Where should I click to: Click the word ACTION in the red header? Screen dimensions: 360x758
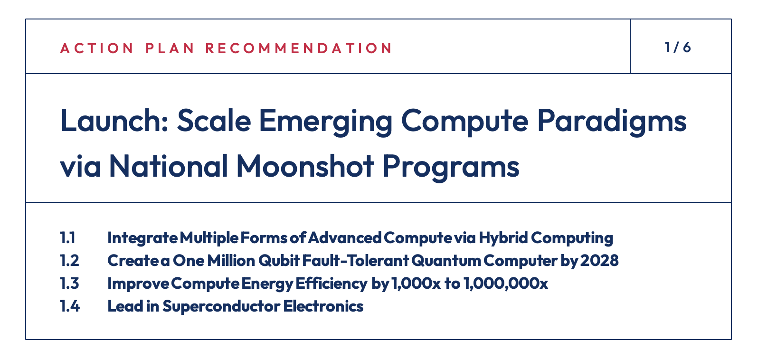97,48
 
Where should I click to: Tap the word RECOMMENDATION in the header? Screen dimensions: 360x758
299,48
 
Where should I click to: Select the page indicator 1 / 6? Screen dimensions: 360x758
678,47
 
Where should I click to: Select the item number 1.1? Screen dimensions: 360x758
68,237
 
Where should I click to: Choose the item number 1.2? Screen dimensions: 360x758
69,260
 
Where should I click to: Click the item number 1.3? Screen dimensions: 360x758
69,283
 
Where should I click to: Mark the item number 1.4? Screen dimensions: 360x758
70,306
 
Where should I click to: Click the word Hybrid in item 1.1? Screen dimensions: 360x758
502,237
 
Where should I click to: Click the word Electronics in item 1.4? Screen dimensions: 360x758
323,306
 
